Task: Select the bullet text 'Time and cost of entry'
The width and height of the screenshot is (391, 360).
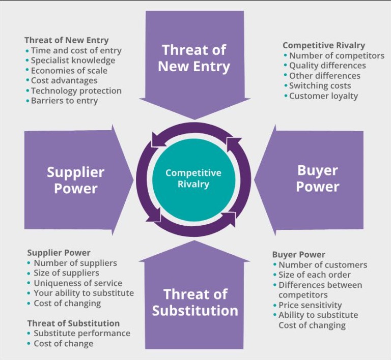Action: (76, 50)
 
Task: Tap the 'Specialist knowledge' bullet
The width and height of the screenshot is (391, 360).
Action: (73, 61)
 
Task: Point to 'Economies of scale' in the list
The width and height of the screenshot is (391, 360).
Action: (69, 71)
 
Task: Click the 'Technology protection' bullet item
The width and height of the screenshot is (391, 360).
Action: (76, 91)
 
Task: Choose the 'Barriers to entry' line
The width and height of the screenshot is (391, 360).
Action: (64, 101)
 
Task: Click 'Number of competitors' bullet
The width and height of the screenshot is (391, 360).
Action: (337, 56)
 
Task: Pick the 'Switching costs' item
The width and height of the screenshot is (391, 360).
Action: (320, 86)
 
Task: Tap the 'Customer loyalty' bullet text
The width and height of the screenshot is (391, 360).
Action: (323, 96)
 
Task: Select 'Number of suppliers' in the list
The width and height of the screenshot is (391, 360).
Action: (75, 263)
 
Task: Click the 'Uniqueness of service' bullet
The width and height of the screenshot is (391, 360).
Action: (78, 283)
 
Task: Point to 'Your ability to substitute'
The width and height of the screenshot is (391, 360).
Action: (84, 293)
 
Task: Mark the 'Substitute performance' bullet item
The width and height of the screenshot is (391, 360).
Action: (82, 334)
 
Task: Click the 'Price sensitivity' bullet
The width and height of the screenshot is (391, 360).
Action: (310, 305)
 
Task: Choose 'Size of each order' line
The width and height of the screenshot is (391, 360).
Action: (315, 275)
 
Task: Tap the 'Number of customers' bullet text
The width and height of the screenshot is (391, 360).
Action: (323, 265)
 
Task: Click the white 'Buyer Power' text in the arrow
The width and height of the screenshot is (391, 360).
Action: (318, 178)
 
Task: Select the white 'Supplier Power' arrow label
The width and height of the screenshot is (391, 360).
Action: (75, 180)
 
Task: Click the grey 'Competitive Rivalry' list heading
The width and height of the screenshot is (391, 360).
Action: (324, 46)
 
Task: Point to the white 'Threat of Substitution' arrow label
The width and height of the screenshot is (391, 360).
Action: (195, 303)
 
